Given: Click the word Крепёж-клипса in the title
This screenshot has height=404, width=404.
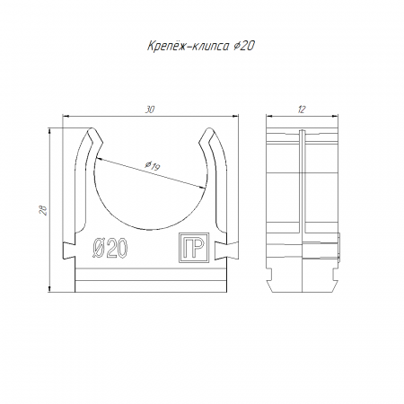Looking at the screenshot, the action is [x=188, y=46].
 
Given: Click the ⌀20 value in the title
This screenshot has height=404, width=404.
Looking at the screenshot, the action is [x=244, y=46].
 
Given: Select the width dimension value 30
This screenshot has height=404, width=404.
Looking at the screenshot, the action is [x=150, y=110].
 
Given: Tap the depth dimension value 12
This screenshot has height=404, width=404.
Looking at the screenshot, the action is [x=302, y=110].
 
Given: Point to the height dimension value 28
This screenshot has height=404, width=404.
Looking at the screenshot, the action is [x=43, y=210].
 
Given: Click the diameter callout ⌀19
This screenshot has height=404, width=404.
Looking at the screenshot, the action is [x=153, y=165].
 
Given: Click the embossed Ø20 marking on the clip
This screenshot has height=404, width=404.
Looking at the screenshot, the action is [x=110, y=249].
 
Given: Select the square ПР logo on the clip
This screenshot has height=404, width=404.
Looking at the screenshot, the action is [x=194, y=248].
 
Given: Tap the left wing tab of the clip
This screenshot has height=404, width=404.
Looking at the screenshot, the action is [x=68, y=250].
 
